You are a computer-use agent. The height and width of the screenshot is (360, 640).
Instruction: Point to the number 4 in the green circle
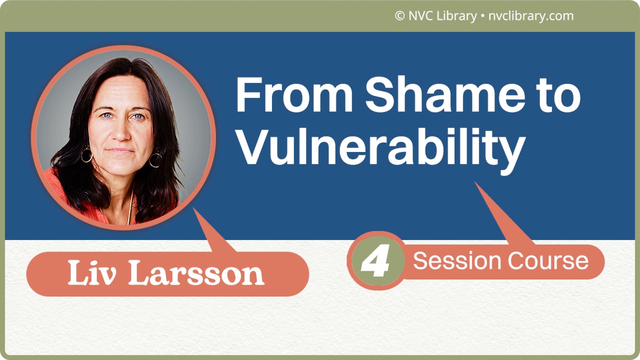tap(375, 261)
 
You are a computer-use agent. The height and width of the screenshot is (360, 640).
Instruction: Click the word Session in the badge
tap(457, 261)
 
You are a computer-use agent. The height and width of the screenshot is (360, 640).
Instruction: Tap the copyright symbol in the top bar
tap(399, 16)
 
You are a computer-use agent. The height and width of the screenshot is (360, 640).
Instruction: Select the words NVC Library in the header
tap(442, 16)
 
